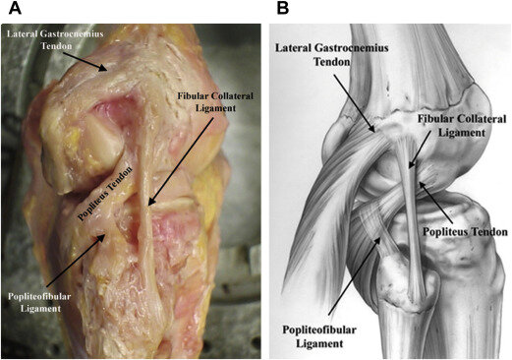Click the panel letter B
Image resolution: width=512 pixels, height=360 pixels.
pyautogui.click(x=283, y=10)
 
